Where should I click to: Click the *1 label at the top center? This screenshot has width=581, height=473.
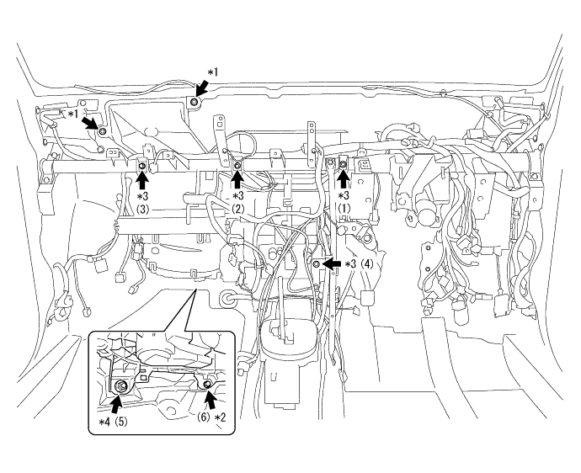[212, 72]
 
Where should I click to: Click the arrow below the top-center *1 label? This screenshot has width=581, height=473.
[201, 89]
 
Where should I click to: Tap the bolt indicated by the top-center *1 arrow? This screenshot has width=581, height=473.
[194, 102]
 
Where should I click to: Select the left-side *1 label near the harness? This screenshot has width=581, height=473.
[73, 114]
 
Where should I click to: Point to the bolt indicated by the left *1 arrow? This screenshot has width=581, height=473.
[102, 131]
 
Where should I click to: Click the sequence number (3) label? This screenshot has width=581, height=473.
[142, 210]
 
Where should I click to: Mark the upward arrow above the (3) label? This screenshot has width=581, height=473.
[142, 181]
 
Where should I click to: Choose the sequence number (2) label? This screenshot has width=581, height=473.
[238, 209]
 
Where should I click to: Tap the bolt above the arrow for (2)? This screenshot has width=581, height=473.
[237, 165]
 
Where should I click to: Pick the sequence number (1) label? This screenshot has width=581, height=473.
[344, 209]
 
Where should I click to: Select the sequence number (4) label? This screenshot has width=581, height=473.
[367, 263]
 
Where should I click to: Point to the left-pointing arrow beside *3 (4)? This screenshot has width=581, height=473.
[331, 263]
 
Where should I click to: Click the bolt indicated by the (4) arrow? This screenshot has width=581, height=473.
[317, 263]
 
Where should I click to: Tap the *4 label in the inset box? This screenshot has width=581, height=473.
[104, 422]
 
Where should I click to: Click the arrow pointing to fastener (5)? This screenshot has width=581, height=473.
[117, 404]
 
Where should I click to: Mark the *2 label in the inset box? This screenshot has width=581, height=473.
[220, 417]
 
